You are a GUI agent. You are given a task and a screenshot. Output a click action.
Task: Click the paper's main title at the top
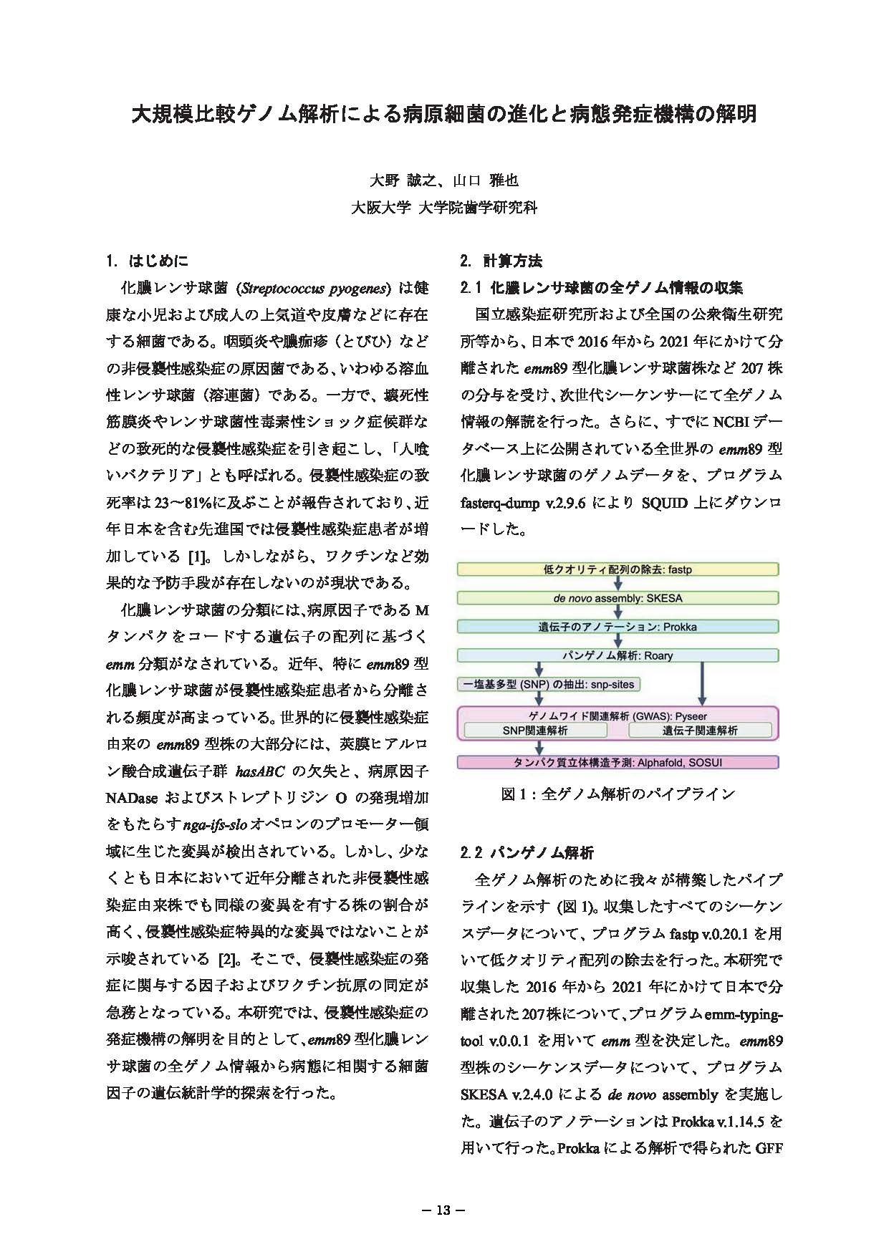443,114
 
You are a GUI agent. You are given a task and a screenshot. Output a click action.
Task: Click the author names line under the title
443,180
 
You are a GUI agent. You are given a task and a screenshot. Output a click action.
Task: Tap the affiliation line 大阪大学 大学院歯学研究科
443,208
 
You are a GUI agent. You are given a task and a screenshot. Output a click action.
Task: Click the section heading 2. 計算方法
501,260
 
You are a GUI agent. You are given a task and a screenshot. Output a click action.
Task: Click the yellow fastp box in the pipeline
618,569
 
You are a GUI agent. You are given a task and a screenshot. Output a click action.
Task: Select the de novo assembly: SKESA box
618,598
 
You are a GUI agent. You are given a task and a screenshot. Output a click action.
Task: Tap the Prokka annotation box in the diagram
618,627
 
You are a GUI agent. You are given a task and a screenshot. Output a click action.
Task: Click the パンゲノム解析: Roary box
618,655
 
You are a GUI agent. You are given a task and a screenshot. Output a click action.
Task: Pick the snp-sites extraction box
549,684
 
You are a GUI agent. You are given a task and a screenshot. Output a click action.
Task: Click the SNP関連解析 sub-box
535,731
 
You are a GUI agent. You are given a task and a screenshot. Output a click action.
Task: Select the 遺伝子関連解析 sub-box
699,731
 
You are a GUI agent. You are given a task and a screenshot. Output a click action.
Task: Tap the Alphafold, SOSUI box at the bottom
618,763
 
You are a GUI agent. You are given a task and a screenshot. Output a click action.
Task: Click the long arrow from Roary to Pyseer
702,684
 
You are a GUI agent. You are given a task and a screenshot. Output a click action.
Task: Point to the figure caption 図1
618,794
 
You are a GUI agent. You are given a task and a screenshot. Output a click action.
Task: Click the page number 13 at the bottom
443,1210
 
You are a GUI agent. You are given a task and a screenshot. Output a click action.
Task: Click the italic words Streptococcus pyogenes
316,289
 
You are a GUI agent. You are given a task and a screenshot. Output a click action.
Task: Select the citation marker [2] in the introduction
223,959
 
